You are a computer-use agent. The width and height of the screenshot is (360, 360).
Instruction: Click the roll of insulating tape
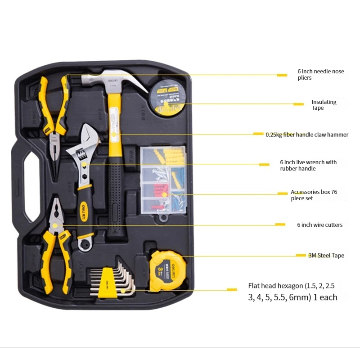167,99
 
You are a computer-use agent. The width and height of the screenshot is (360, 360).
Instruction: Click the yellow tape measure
167,270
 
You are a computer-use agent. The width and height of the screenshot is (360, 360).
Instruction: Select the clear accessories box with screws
164,179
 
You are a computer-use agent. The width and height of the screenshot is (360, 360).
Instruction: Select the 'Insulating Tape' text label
324,105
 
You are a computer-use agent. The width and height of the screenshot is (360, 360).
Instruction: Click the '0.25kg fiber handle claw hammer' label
306,135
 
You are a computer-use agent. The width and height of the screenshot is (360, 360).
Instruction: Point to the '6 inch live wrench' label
308,165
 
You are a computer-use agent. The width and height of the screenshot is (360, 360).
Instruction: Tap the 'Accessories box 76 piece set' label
314,195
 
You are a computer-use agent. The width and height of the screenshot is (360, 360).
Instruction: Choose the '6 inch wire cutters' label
319,225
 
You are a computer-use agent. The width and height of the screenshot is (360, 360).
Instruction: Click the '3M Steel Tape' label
326,256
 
